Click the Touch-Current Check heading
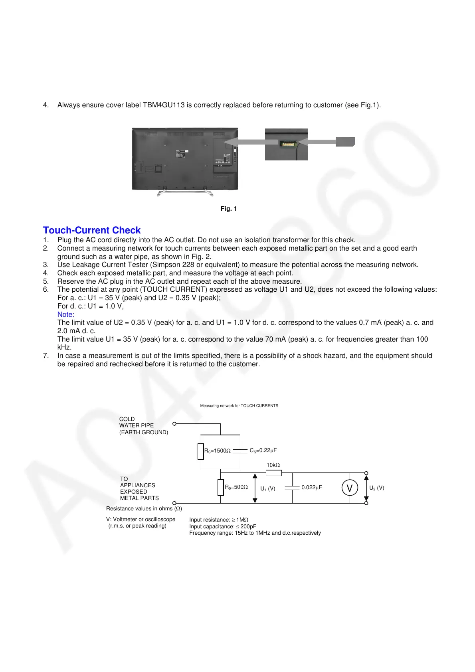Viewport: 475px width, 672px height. [92, 230]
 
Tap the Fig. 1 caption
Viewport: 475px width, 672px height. [229, 209]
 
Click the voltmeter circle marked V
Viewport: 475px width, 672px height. [350, 488]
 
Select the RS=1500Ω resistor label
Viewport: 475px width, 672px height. [218, 451]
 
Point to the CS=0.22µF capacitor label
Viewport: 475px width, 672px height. [263, 451]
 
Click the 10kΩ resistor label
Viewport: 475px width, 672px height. [273, 465]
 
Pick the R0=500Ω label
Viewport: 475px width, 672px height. [236, 487]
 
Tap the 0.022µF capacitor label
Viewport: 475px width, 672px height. [312, 488]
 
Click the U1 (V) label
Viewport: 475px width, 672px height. [268, 489]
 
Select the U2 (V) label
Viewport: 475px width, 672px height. [377, 488]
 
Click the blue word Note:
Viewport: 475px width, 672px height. [66, 314]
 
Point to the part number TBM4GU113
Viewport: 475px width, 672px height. [164, 105]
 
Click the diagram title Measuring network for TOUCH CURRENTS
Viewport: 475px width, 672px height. [239, 406]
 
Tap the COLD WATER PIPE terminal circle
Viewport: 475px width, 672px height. [174, 424]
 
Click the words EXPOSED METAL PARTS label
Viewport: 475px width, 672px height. [139, 495]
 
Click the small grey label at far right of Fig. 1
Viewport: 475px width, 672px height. [345, 142]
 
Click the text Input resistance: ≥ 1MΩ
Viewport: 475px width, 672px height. [219, 520]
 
